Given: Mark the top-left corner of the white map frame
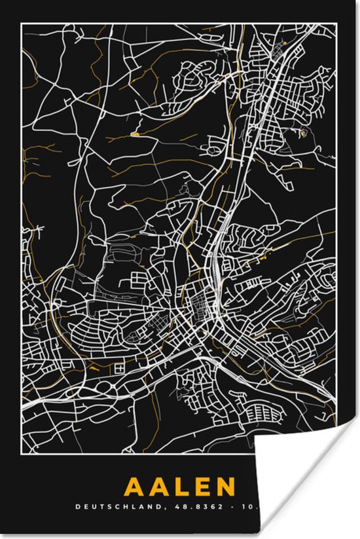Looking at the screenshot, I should (21, 24).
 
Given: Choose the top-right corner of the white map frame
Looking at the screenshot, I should (337, 24).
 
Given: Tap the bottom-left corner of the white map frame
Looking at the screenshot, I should (21, 461).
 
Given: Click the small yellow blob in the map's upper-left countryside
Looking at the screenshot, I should (135, 134).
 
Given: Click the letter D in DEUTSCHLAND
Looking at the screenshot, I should (77, 506).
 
